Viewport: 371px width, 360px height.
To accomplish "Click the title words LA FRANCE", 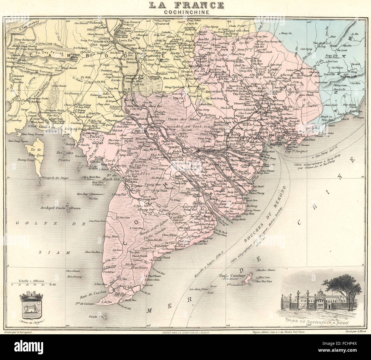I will tap(185, 5).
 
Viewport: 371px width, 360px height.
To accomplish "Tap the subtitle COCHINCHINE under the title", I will tap(185, 12).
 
